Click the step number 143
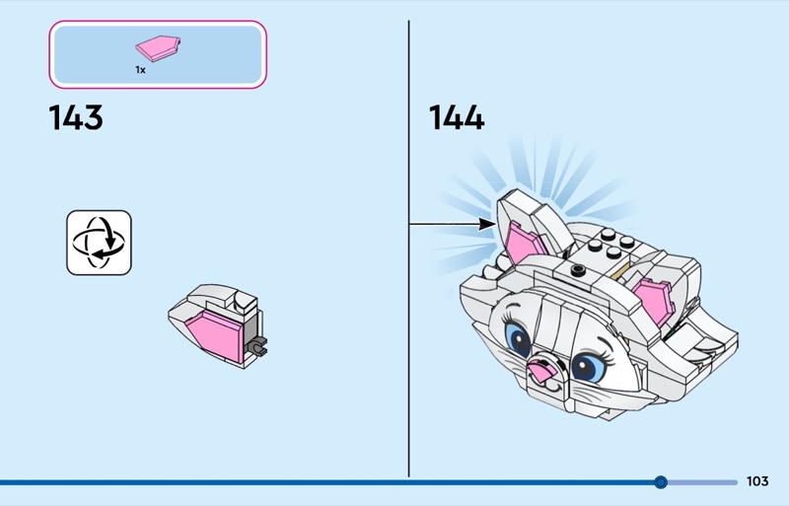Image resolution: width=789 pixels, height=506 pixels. tap(76, 117)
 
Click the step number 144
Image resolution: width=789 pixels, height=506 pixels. tap(457, 117)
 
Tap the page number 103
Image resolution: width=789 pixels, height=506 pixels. tap(757, 481)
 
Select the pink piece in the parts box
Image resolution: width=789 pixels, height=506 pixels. tap(158, 48)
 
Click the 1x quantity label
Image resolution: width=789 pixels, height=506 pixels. tap(140, 70)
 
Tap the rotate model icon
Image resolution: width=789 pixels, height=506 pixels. tap(100, 243)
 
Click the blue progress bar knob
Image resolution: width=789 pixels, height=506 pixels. tap(661, 482)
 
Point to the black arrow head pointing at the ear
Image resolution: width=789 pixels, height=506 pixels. tap(487, 224)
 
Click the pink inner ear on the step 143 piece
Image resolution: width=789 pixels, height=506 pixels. tap(215, 334)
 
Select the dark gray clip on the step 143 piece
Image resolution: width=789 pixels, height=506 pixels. tap(256, 347)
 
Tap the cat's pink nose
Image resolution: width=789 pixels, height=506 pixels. tap(542, 372)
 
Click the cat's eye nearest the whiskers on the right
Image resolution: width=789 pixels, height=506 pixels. tap(588, 368)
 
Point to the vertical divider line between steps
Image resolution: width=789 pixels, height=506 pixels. tap(408, 249)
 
